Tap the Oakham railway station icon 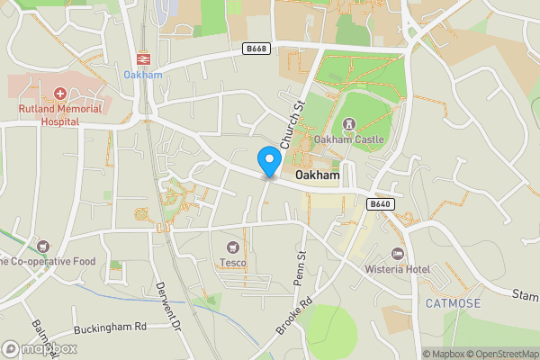(142, 58)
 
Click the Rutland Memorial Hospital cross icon (60, 94)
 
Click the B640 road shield (380, 204)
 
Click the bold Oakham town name (316, 175)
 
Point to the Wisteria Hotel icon (397, 254)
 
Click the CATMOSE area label (454, 303)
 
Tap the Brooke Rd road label (294, 317)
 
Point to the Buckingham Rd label (110, 328)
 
